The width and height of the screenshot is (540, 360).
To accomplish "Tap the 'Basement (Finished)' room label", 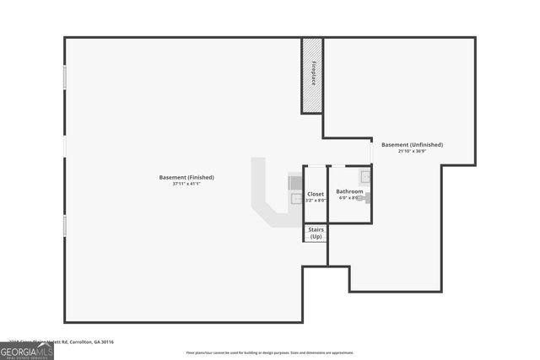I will (x=186, y=177).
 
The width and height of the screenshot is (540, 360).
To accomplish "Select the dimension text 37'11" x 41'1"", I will (x=186, y=184).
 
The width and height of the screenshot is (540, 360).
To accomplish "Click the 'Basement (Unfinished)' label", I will (x=412, y=144).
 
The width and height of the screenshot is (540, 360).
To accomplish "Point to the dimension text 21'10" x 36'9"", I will (x=412, y=151).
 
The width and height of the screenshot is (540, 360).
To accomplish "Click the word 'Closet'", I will (x=316, y=194).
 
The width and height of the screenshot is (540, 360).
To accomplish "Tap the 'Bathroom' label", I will (x=349, y=191).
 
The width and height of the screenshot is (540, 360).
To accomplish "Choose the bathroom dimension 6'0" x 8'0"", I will (x=349, y=198).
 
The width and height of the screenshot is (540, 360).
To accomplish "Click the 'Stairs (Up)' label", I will (x=316, y=233).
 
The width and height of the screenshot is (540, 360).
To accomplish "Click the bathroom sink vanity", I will (x=365, y=177).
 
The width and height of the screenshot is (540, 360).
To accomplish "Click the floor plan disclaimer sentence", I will (x=270, y=352).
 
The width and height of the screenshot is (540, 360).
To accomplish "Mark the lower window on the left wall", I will (x=65, y=225).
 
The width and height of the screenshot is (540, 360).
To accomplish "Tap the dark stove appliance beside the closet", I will (x=294, y=181).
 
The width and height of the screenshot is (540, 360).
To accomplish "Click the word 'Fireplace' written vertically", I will (x=313, y=73).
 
